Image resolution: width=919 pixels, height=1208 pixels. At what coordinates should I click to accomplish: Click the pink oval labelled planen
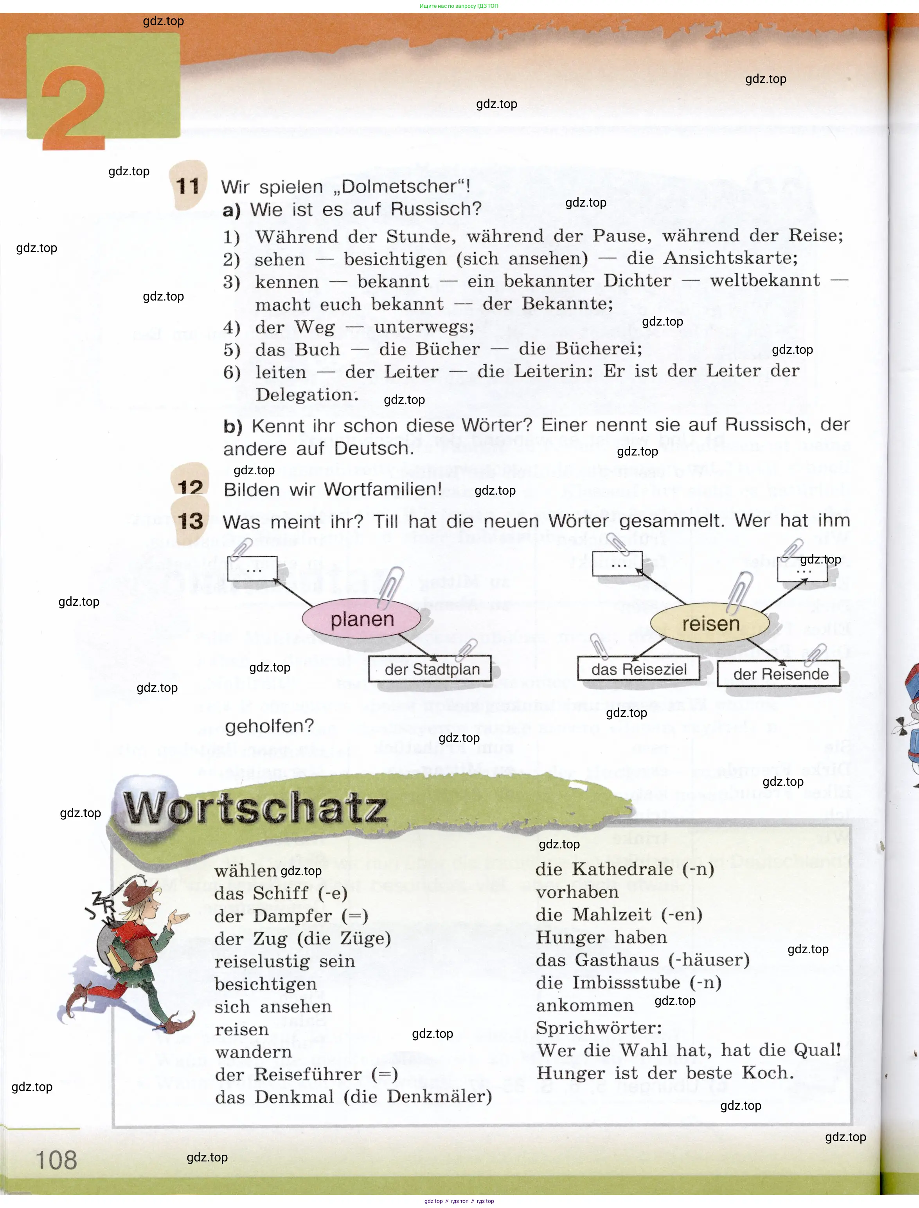pos(361,619)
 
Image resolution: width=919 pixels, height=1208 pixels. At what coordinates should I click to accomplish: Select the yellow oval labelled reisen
pos(710,623)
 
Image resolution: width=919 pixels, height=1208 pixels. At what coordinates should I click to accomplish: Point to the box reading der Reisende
pos(780,673)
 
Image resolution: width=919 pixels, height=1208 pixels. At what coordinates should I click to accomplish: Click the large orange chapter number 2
pos(74,107)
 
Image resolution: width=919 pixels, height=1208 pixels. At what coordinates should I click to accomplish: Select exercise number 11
pos(188,186)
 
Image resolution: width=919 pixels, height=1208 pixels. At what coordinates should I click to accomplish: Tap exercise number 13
pos(190,521)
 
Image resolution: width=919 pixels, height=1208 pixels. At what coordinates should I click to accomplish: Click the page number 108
pos(56,1160)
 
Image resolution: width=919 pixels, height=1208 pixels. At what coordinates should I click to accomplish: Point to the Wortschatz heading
pos(255,808)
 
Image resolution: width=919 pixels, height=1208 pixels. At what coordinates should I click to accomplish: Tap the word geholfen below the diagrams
pos(269,726)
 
